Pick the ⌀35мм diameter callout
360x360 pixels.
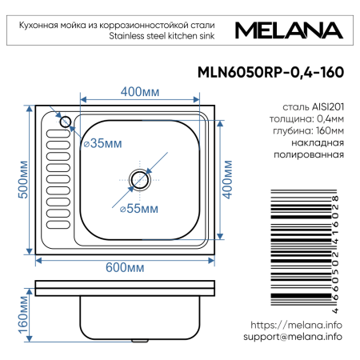click(x=103, y=144)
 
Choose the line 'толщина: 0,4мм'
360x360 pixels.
click(x=309, y=118)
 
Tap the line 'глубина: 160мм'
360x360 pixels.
click(x=309, y=130)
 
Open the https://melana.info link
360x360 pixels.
click(x=296, y=326)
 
